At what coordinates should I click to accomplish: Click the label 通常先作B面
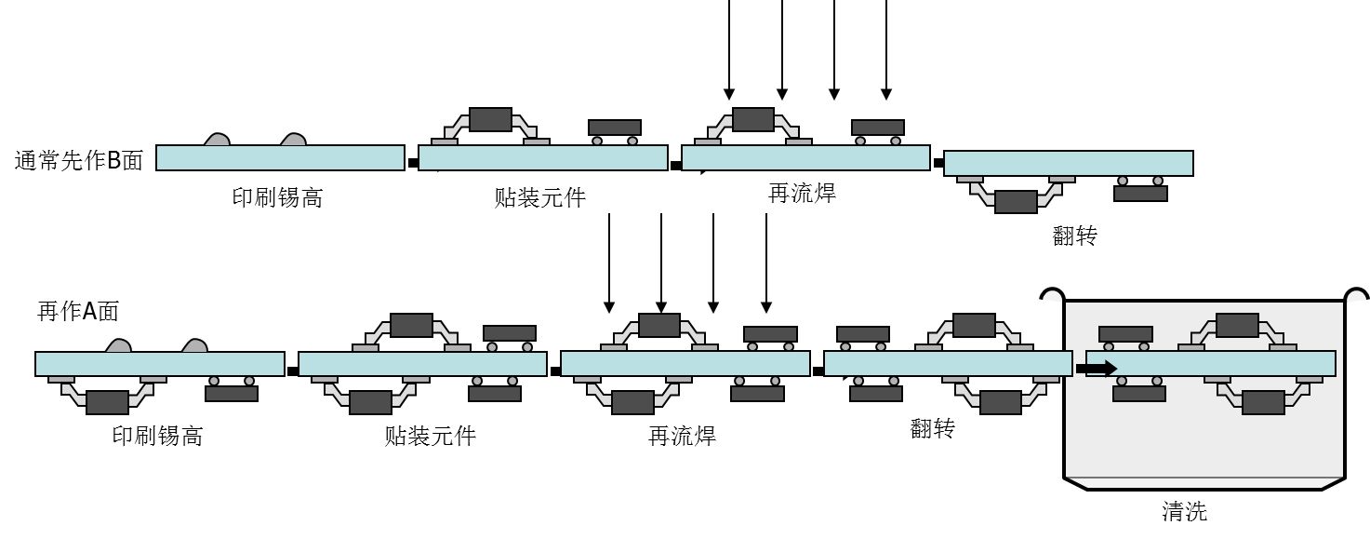pyautogui.click(x=79, y=160)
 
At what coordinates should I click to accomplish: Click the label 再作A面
pyautogui.click(x=78, y=311)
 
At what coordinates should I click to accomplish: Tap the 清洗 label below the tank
pyautogui.click(x=1184, y=510)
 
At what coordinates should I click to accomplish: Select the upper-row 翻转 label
pyautogui.click(x=1074, y=236)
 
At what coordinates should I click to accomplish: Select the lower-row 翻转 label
pyautogui.click(x=933, y=428)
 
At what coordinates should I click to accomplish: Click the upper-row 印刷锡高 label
pyautogui.click(x=277, y=197)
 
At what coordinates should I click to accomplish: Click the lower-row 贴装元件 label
pyautogui.click(x=430, y=435)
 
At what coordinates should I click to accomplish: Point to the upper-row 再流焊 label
pyautogui.click(x=802, y=193)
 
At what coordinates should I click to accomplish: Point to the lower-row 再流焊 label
pyautogui.click(x=682, y=435)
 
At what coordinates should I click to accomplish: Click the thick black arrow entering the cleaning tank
pyautogui.click(x=1096, y=369)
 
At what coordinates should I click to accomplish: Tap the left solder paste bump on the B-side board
pyautogui.click(x=217, y=139)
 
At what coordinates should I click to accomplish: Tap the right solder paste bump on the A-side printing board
pyautogui.click(x=194, y=345)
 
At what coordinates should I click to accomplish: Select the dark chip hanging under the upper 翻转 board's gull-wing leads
pyautogui.click(x=1016, y=201)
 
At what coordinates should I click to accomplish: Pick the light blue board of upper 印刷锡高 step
pyautogui.click(x=280, y=158)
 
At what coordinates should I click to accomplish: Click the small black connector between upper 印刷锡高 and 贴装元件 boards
pyautogui.click(x=412, y=163)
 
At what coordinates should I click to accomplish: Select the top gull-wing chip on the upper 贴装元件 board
pyautogui.click(x=490, y=118)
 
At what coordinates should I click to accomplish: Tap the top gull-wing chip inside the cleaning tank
pyautogui.click(x=1237, y=325)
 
